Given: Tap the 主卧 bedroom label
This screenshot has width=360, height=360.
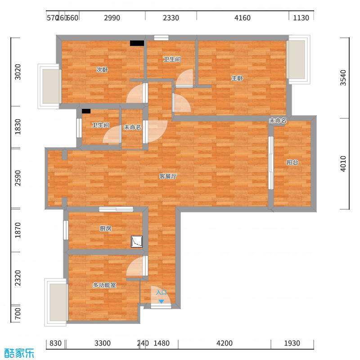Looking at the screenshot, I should click(x=237, y=78).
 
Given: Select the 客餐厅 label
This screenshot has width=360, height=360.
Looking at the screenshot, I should click(x=167, y=176).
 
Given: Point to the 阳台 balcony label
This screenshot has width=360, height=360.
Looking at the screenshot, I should click(x=292, y=162).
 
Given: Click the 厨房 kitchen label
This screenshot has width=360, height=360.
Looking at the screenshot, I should click(x=105, y=229).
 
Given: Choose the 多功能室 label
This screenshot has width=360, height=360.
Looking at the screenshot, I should click(x=104, y=285).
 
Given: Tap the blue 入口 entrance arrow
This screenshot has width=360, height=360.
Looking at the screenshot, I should click(x=161, y=301).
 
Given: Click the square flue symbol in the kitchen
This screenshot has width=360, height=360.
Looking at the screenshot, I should click(x=137, y=242).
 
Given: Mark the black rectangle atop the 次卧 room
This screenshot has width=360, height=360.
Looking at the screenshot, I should click(x=137, y=43).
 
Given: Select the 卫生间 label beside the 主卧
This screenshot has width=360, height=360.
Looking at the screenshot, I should click(x=172, y=59).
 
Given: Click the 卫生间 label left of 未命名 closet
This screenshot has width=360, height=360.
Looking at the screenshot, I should click(x=100, y=125).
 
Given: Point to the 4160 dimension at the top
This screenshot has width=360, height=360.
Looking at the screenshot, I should click(x=243, y=18).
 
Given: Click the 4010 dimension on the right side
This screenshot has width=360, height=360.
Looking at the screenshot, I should click(x=344, y=163).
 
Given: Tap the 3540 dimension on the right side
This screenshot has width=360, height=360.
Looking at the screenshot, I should click(x=344, y=78).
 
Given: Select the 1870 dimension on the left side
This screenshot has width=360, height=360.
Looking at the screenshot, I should click(x=18, y=230).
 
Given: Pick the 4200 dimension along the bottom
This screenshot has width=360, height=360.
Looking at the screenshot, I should click(x=225, y=343).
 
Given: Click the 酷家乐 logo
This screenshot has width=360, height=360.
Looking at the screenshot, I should click(x=19, y=353).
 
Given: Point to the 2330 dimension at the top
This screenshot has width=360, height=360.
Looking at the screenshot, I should click(x=171, y=18).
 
